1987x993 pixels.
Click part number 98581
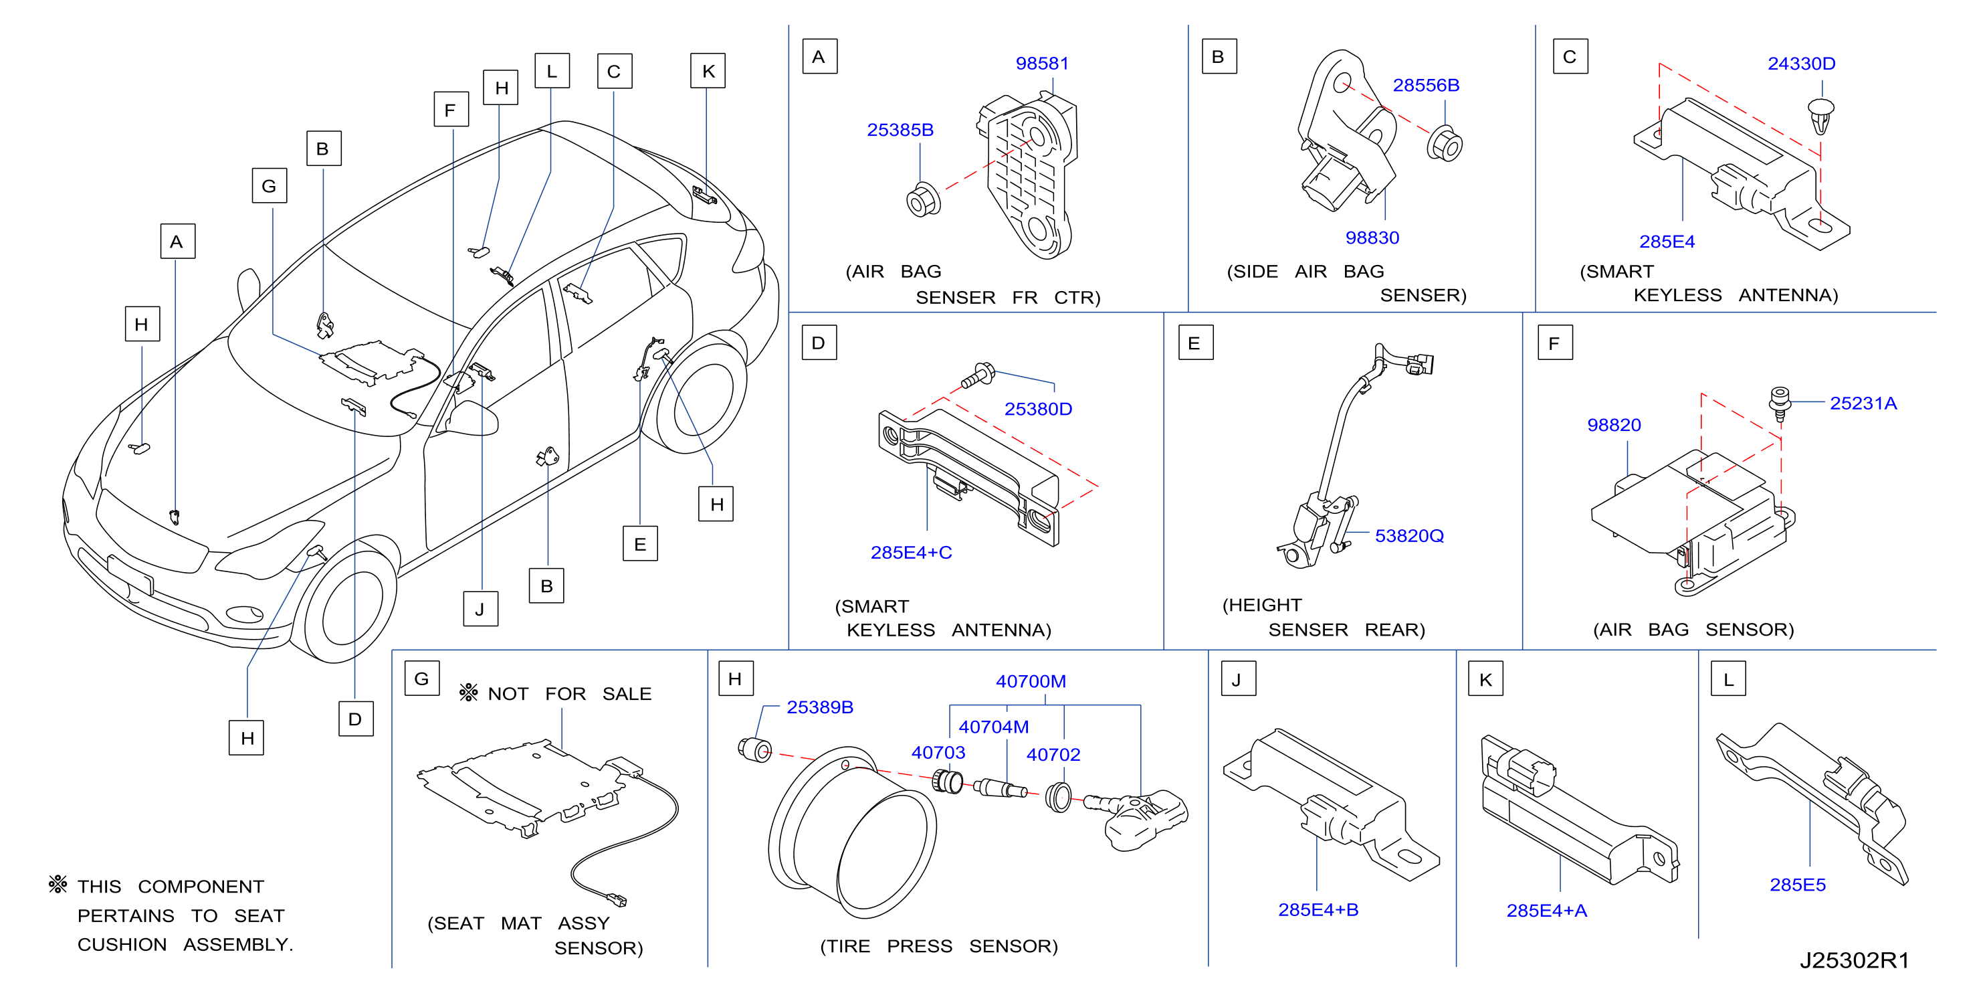point(1041,64)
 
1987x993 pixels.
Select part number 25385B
point(900,130)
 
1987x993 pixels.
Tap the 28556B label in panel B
point(1425,85)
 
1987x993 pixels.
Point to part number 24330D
point(1800,64)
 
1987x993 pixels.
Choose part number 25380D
point(1037,409)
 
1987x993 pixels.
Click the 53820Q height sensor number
point(1408,535)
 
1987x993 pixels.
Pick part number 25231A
point(1863,403)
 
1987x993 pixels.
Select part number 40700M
point(1031,681)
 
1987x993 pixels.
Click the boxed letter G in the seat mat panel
point(421,679)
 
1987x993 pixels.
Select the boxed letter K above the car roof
point(708,71)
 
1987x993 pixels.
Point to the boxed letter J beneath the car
point(480,609)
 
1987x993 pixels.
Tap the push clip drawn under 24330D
point(1820,116)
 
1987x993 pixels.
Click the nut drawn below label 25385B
point(922,201)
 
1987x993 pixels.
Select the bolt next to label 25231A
point(1780,404)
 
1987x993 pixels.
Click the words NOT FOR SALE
point(569,694)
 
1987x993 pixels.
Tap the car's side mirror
point(472,418)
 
